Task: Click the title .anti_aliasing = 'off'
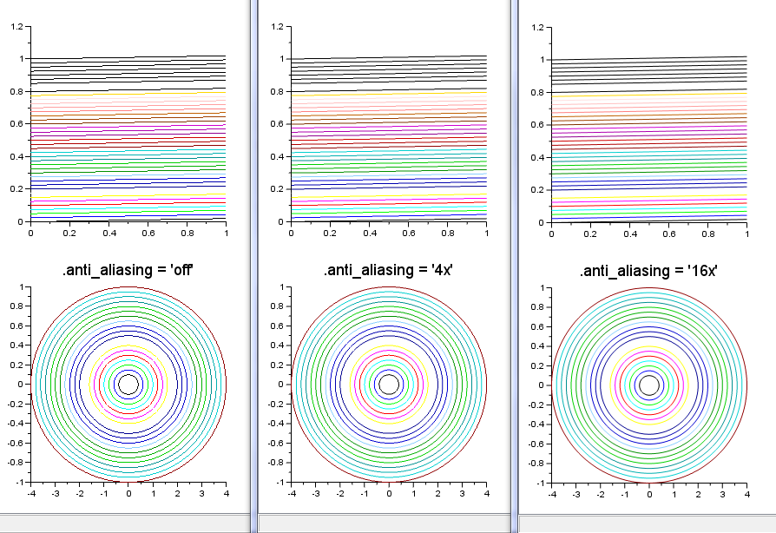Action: [128, 270]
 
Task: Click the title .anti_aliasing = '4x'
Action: [388, 270]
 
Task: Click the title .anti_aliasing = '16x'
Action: [649, 272]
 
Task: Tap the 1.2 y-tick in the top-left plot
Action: [17, 27]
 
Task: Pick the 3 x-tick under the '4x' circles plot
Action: [461, 493]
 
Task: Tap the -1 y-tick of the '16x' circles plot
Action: [540, 482]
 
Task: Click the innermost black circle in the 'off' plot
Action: [128, 384]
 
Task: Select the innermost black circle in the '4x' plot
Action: [389, 384]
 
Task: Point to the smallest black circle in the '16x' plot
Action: [649, 385]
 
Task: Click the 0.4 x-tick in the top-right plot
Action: [629, 234]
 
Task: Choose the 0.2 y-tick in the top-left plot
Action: [17, 189]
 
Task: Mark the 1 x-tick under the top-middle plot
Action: [486, 233]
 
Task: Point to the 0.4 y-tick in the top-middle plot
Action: [278, 157]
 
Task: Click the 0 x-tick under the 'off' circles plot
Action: [128, 493]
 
